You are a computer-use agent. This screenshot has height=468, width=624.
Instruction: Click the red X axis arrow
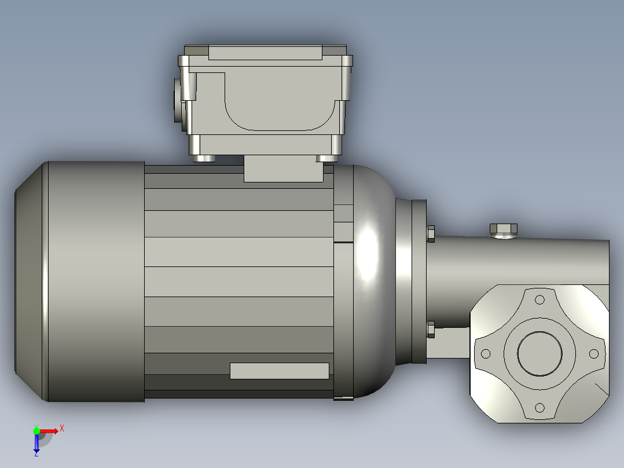tap(49, 431)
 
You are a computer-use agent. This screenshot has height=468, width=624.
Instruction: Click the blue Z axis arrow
tap(36, 443)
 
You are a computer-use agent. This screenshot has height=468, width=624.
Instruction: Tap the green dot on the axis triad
tap(36, 430)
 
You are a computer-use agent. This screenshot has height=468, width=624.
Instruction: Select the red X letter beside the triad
tap(61, 428)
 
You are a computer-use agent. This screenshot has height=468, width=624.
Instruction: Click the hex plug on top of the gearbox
tap(504, 230)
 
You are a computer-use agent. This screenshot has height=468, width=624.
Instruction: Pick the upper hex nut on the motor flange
tap(431, 233)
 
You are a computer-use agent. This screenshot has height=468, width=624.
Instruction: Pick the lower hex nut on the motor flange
tap(431, 330)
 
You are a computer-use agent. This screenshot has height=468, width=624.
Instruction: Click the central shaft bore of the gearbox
tap(539, 353)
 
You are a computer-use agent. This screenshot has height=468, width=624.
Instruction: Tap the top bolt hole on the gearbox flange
tap(540, 299)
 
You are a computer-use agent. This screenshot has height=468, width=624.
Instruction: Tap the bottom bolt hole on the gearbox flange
tap(540, 408)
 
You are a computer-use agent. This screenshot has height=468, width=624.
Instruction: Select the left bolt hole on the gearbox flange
tap(486, 353)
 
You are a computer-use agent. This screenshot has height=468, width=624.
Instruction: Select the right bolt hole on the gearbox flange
tap(594, 353)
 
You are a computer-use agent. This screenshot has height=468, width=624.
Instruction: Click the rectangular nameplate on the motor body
tap(279, 371)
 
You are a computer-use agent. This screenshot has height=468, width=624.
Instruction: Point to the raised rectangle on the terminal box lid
tap(265, 53)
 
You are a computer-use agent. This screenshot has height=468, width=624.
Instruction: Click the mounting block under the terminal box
tap(283, 169)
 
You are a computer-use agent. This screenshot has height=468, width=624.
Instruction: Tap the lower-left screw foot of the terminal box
tap(203, 158)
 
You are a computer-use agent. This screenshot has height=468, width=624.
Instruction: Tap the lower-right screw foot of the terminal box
tap(327, 158)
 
